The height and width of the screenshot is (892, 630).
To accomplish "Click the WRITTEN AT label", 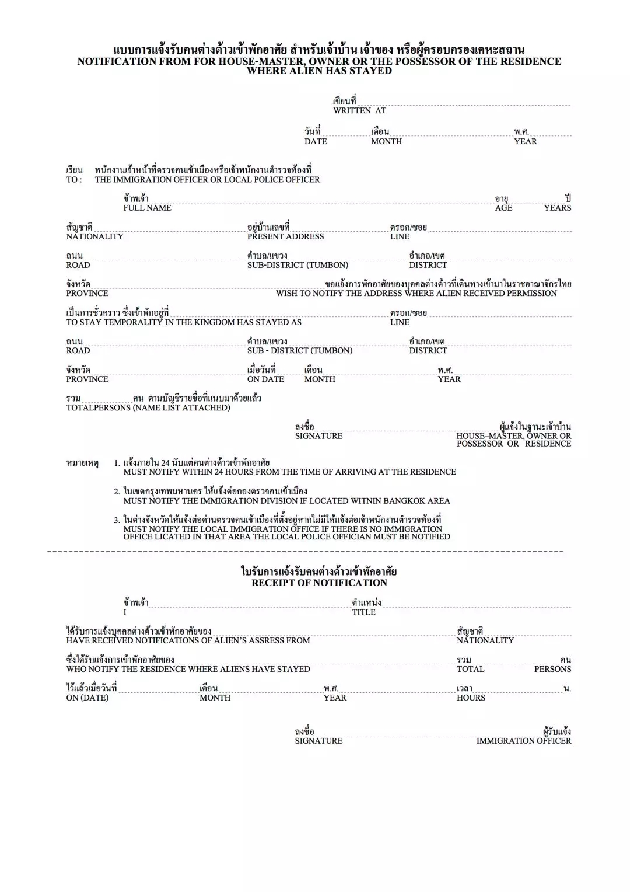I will click(359, 110).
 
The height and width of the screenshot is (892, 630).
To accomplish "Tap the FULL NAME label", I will click(147, 208).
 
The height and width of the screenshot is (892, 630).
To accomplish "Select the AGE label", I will click(503, 208).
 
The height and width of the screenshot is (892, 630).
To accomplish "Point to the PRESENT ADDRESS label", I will click(285, 236).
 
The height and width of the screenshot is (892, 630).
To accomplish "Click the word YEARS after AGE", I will click(557, 208).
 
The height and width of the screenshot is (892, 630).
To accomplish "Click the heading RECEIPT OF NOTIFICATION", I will click(319, 583).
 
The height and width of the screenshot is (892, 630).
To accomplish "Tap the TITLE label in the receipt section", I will click(363, 612).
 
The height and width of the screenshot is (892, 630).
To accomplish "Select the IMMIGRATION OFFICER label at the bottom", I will click(523, 741).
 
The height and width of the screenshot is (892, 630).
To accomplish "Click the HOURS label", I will click(471, 698).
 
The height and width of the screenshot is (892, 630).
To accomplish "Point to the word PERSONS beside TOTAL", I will click(552, 669).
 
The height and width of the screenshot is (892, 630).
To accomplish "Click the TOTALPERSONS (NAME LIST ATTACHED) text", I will click(148, 407).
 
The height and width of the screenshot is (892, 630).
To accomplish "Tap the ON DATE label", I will click(265, 379).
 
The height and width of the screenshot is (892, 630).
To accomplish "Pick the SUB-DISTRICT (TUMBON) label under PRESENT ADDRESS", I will click(297, 265).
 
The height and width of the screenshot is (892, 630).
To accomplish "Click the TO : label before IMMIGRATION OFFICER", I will click(74, 180).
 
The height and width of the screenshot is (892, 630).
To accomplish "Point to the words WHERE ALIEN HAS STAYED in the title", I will click(319, 71).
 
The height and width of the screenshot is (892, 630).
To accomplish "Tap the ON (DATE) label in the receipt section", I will click(87, 698).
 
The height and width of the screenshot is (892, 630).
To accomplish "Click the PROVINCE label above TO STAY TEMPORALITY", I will click(87, 293).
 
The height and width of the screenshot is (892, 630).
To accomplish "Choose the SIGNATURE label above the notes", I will click(318, 436).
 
